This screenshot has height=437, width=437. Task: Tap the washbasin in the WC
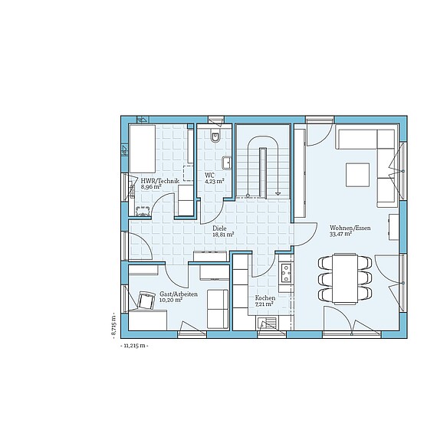(227, 163)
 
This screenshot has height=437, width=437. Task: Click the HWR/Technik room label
(160, 181)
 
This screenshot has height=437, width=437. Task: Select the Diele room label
(219, 228)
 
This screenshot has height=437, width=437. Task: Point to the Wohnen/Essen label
(350, 228)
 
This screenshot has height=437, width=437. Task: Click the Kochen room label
(265, 298)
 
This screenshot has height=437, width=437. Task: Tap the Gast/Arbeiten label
(179, 294)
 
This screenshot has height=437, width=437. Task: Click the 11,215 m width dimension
(134, 346)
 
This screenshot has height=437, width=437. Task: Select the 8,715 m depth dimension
(113, 326)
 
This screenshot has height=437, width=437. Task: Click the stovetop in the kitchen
(286, 273)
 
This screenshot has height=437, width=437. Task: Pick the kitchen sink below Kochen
(267, 324)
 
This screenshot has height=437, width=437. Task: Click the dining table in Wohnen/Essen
(345, 278)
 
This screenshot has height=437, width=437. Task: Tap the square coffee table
(358, 175)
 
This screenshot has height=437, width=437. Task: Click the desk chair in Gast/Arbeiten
(146, 301)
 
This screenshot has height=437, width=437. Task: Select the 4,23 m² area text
(215, 181)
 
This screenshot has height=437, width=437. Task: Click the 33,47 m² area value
(340, 234)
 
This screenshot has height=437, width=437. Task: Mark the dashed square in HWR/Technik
(188, 173)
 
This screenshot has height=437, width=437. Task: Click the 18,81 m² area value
(223, 235)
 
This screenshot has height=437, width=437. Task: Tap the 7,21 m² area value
(264, 304)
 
